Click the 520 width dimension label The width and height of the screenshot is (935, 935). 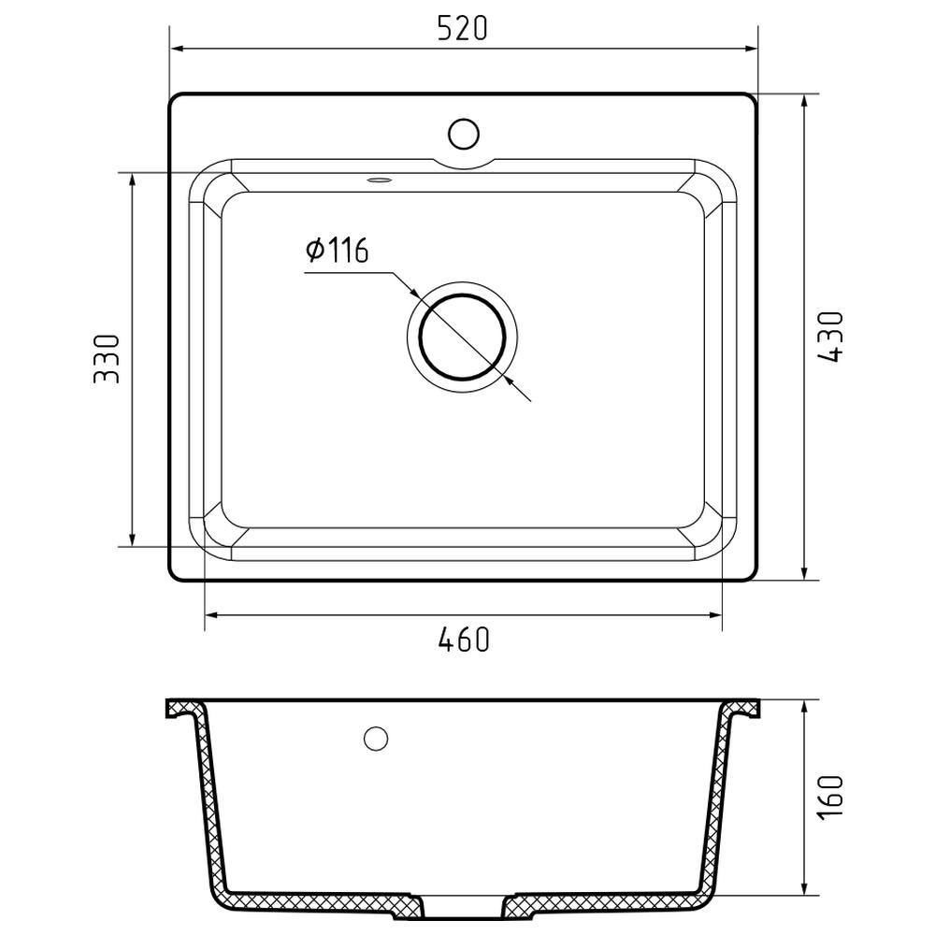(462, 28)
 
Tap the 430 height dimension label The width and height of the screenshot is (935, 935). (830, 337)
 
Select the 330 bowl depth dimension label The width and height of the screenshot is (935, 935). (108, 358)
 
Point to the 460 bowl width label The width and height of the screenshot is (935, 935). (464, 640)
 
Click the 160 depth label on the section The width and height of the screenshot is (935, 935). (830, 797)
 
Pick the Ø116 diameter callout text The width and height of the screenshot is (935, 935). (337, 250)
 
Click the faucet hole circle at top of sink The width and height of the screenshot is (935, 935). (464, 134)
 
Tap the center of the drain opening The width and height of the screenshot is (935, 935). (463, 338)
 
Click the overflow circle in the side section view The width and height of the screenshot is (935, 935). (376, 739)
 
